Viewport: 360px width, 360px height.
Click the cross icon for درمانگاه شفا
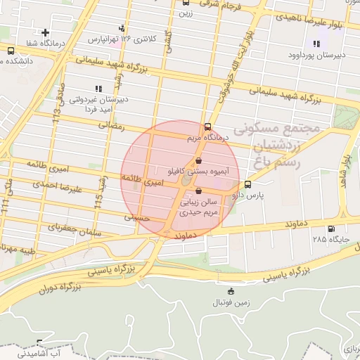tap(46, 32)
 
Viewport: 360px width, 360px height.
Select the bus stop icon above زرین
tap(185, 3)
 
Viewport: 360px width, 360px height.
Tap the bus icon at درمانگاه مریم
tap(207, 128)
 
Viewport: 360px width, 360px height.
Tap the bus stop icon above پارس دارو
tap(247, 185)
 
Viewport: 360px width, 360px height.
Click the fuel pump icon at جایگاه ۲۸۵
tap(331, 229)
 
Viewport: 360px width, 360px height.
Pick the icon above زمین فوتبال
tap(231, 292)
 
